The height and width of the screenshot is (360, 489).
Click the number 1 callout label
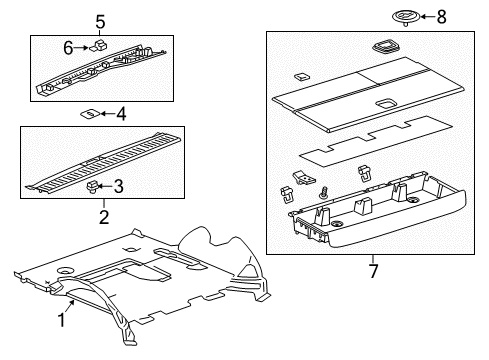click(x=61, y=320)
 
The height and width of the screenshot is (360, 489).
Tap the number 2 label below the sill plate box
click(x=103, y=215)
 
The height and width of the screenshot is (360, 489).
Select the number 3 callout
click(x=119, y=186)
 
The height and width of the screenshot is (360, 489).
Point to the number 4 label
click(x=121, y=115)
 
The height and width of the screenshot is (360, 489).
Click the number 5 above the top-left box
click(x=100, y=22)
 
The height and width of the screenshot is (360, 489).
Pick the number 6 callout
click(x=69, y=46)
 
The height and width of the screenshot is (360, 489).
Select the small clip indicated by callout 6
click(x=97, y=46)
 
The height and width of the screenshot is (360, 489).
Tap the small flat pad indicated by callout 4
click(x=90, y=114)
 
